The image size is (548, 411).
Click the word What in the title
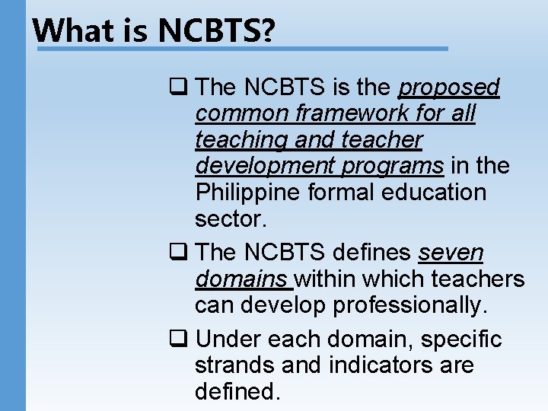coord(73,30)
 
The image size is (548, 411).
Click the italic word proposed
coord(449,88)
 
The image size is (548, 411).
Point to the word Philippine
coord(248,192)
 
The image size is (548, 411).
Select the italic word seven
coord(451,253)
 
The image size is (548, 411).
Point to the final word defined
coord(237,391)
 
